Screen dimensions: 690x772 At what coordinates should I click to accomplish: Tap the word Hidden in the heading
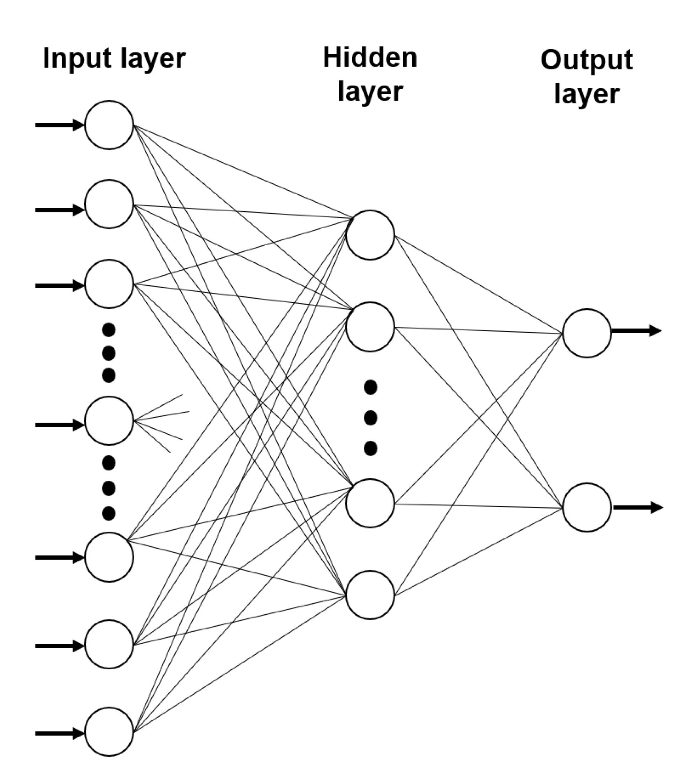click(370, 58)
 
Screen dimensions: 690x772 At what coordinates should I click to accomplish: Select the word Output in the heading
click(587, 60)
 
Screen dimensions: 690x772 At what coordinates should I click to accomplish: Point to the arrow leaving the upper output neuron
click(637, 331)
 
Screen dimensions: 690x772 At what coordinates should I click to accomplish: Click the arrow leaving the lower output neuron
click(638, 507)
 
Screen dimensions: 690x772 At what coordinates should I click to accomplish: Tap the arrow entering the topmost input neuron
click(60, 125)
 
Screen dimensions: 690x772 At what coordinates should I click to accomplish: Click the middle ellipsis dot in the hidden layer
click(371, 418)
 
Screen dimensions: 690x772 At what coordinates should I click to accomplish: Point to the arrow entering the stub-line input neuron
click(60, 425)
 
